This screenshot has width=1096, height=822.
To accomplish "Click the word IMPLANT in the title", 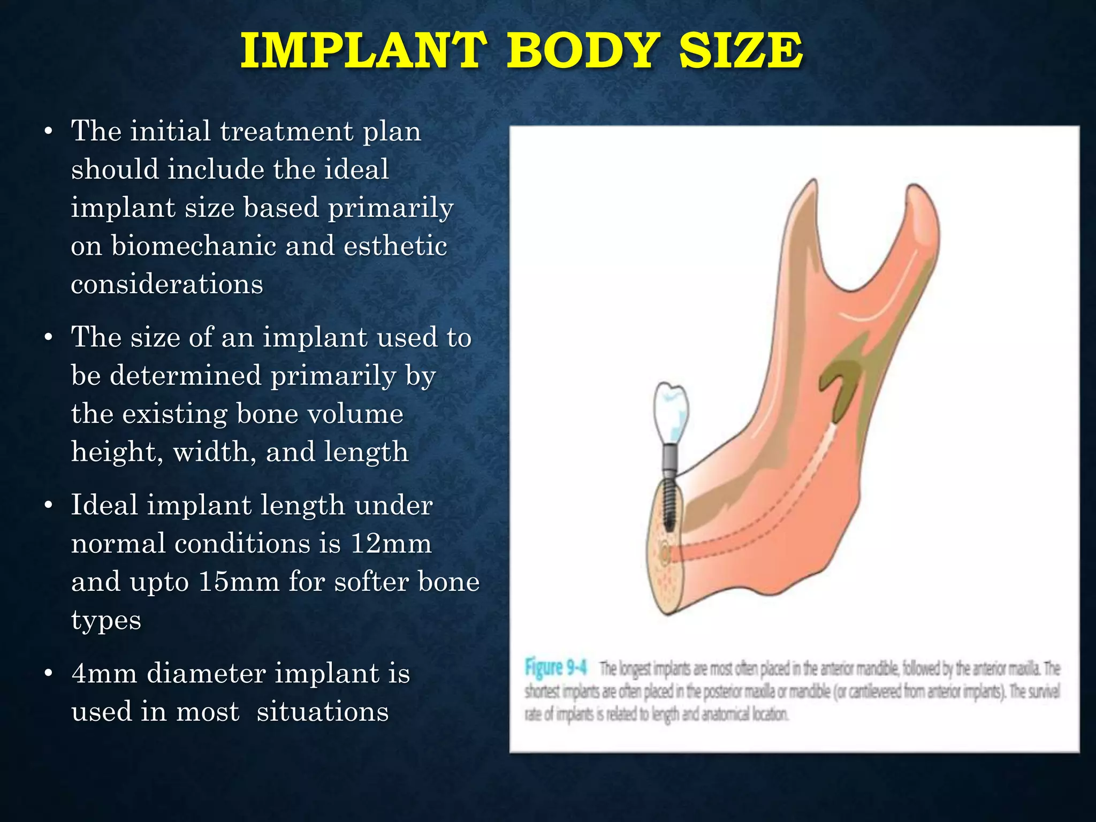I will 363,51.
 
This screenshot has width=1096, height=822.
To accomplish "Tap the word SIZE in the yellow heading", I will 741,51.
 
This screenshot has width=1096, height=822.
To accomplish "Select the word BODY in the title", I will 583,51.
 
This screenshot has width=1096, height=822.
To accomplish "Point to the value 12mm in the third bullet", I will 391,544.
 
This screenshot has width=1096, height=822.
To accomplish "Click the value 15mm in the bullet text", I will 239,582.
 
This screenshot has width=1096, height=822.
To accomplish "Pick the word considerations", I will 167,284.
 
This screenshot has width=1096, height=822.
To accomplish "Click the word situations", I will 322,712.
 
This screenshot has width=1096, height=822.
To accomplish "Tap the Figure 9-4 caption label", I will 555,668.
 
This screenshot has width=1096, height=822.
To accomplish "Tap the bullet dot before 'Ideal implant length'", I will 49,506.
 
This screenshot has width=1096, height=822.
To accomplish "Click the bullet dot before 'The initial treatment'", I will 49,132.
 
